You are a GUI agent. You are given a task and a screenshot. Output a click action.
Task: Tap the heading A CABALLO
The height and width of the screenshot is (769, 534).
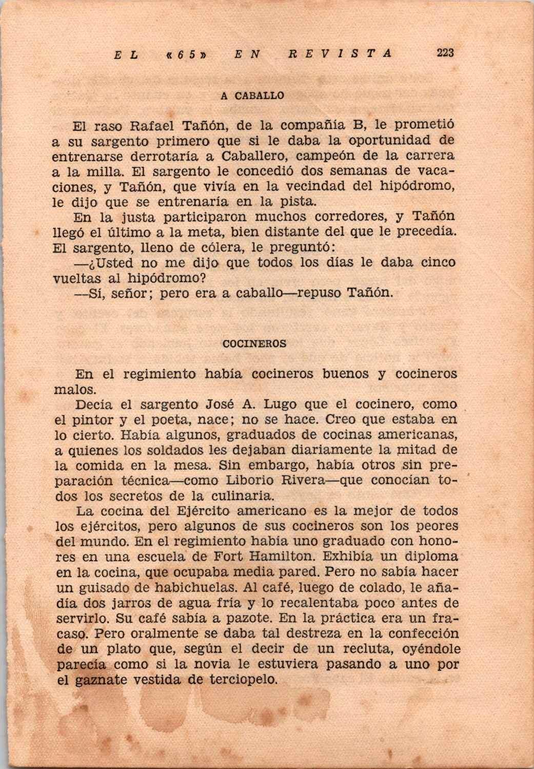click(252, 96)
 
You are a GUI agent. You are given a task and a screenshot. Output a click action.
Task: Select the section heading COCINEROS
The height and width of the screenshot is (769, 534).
click(254, 344)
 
